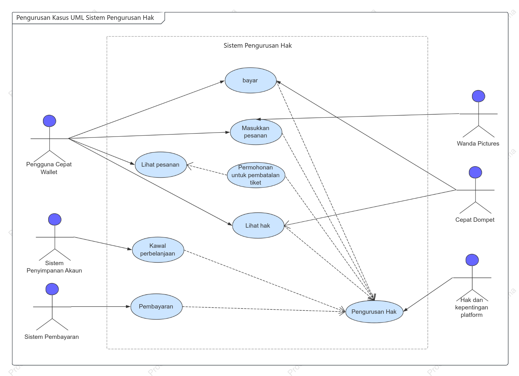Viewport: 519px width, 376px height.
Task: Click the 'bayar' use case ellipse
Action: [250, 80]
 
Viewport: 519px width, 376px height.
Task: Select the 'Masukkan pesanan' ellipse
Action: [256, 132]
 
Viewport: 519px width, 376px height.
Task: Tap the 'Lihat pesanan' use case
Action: [161, 165]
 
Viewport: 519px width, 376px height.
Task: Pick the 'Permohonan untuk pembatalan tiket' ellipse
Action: [256, 175]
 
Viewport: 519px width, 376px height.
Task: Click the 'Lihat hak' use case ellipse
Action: [258, 225]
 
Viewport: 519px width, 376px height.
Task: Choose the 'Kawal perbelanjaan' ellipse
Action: [158, 250]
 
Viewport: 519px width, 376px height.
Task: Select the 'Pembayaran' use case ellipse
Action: [156, 307]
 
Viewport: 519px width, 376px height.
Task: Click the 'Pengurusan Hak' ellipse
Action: [374, 312]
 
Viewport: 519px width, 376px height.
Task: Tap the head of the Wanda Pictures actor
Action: [478, 96]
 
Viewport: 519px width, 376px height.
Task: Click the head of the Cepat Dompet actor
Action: [476, 173]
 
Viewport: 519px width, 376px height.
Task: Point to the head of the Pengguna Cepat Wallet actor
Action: [49, 121]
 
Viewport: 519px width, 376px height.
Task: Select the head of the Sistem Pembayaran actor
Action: [52, 289]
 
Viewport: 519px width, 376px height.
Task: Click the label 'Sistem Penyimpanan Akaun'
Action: [54, 267]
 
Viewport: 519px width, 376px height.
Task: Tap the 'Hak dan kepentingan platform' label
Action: [472, 307]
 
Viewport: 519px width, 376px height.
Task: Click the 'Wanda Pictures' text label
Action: [478, 143]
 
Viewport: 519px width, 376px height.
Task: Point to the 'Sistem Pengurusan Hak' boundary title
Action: [258, 46]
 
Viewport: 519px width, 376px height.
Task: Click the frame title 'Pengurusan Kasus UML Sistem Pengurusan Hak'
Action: [85, 18]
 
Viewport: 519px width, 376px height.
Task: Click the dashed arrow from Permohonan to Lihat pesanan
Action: [207, 170]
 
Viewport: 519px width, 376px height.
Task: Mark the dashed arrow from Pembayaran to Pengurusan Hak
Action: [264, 309]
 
